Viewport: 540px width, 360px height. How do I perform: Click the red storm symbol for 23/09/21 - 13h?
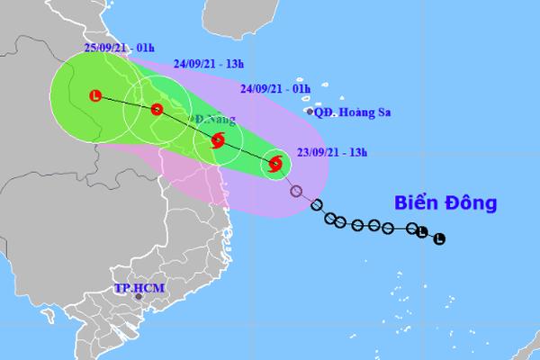coord(275,164)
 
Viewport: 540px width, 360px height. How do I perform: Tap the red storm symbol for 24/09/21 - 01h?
coord(218,139)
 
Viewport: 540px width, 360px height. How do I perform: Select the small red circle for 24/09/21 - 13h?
coord(157,111)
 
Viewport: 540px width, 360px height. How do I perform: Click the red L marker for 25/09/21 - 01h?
coord(96,94)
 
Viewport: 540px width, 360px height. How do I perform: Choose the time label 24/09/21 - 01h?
coord(275,87)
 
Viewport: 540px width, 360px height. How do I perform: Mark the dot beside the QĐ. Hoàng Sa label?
coord(311,112)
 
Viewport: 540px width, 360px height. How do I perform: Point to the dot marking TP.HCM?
coord(139,297)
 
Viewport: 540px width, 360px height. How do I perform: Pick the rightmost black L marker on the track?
coord(438,238)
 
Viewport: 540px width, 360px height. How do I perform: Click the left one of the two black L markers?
coord(421,233)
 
